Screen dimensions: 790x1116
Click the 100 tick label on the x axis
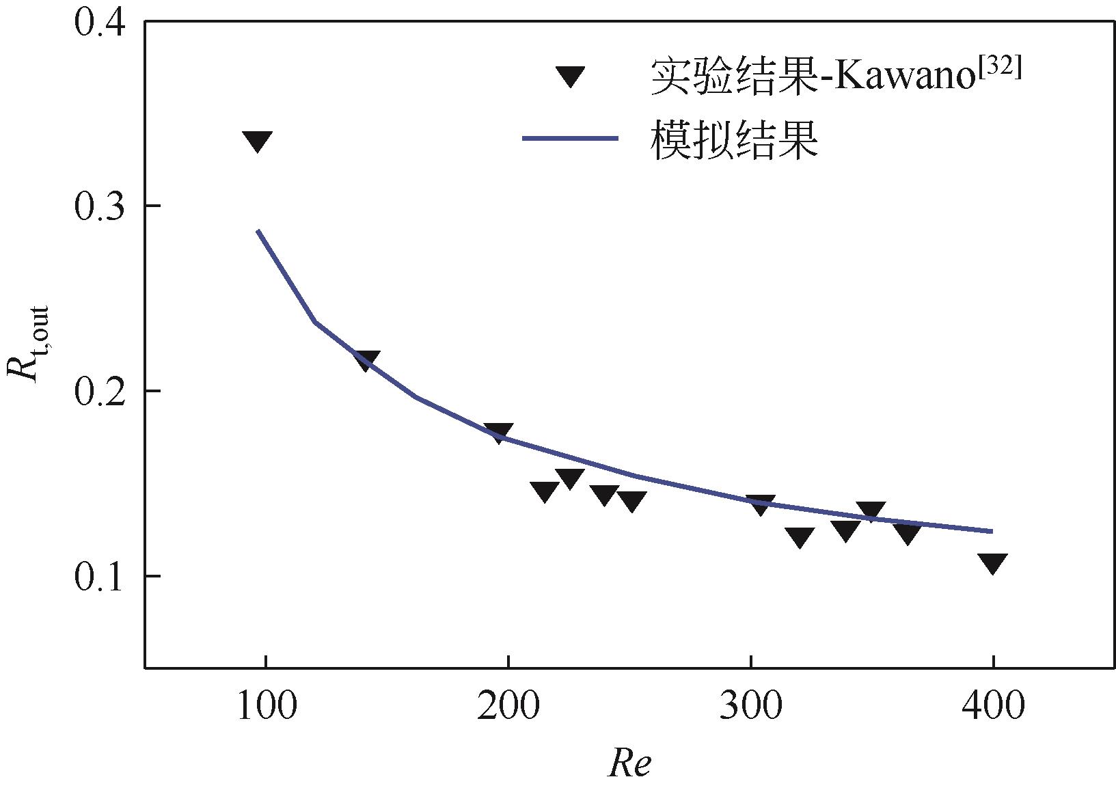tap(265, 706)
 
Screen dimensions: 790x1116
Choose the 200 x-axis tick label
tap(507, 706)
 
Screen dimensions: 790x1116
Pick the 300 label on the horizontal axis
tap(750, 706)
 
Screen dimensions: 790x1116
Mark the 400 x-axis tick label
tap(992, 706)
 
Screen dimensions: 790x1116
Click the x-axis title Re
tap(629, 763)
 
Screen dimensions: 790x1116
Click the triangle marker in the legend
tap(570, 75)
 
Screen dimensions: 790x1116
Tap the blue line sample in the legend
tap(570, 139)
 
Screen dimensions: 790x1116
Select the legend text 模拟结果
tap(735, 141)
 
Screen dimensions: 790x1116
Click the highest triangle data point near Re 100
tap(257, 141)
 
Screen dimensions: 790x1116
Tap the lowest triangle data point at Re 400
tap(992, 563)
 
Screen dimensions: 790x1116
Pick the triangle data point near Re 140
tap(367, 360)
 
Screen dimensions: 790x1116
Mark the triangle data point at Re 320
tap(800, 537)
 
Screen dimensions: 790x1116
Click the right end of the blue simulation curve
tap(991, 531)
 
